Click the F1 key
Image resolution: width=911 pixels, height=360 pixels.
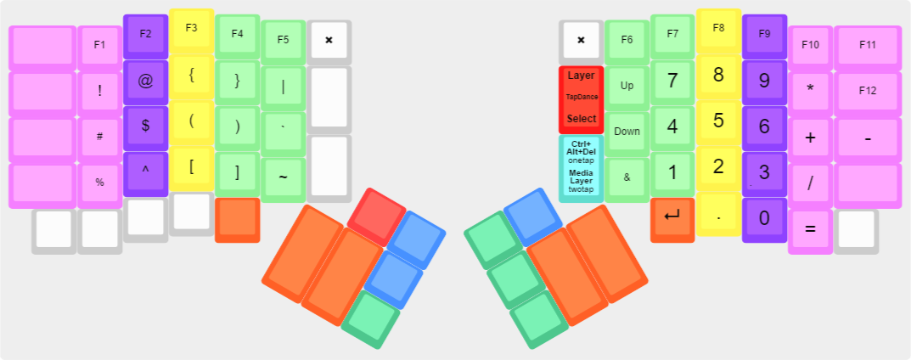(x=100, y=45)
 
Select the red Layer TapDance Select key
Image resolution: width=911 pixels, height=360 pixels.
(x=582, y=98)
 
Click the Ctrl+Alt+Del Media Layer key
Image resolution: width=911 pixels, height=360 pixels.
(x=582, y=167)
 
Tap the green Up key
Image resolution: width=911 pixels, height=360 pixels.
(x=627, y=86)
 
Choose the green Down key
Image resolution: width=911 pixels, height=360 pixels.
(x=627, y=132)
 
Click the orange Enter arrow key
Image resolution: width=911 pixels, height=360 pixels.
(x=672, y=217)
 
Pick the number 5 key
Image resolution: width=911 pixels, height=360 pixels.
(x=718, y=121)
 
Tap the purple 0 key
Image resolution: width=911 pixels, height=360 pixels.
(x=764, y=217)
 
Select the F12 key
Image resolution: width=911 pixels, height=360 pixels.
(x=867, y=91)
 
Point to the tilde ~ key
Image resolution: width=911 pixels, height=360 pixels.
(x=283, y=177)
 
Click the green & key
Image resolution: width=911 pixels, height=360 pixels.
(x=627, y=177)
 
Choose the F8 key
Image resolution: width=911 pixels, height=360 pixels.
(x=718, y=29)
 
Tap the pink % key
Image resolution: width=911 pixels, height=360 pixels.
(x=100, y=182)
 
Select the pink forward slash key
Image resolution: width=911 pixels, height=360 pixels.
(x=810, y=182)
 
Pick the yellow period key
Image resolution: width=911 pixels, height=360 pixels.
(x=718, y=217)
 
